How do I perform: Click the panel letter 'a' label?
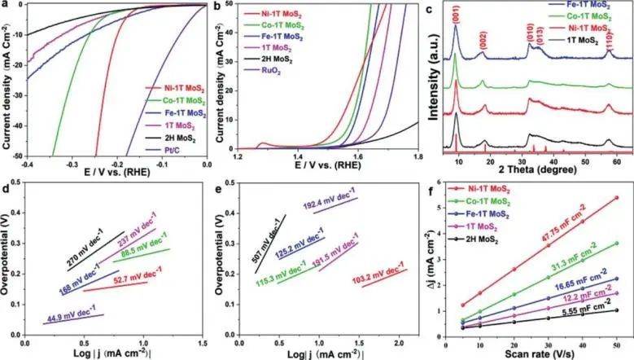point(7,7)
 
